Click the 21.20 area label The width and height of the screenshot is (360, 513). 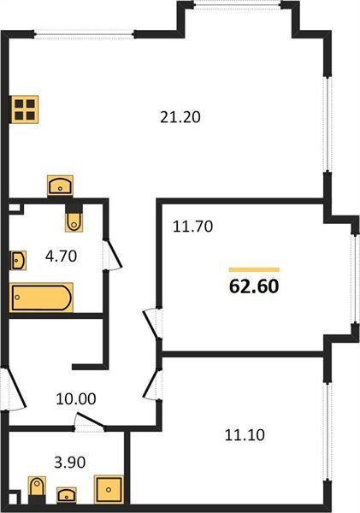click(x=180, y=117)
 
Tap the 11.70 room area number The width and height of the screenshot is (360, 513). click(x=192, y=227)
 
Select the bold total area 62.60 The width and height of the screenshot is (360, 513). click(x=254, y=286)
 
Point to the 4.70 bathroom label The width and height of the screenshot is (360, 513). click(x=62, y=256)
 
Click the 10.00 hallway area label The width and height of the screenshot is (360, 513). click(x=76, y=398)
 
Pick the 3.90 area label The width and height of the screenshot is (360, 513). click(x=70, y=463)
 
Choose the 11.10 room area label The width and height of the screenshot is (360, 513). click(x=245, y=435)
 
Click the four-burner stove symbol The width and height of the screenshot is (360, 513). click(x=25, y=109)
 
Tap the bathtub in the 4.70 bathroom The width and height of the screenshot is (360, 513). click(x=41, y=298)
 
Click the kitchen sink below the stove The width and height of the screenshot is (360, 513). click(x=60, y=186)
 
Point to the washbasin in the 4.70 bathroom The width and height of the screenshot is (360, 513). click(x=18, y=261)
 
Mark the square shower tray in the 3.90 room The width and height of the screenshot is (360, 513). click(x=109, y=489)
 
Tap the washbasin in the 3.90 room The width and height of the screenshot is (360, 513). click(x=67, y=495)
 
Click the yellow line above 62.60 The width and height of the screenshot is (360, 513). click(x=254, y=269)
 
